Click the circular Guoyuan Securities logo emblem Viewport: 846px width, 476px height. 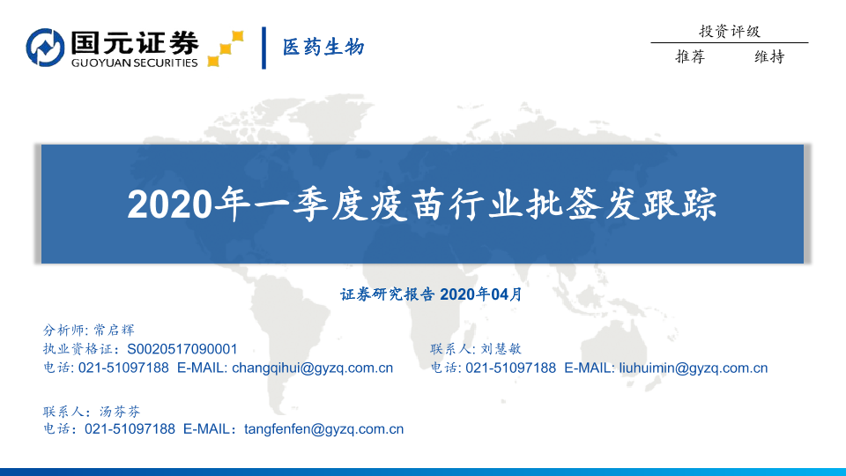pyautogui.click(x=45, y=48)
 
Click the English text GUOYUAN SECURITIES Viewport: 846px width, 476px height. pyautogui.click(x=134, y=63)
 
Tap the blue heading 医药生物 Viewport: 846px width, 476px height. pyautogui.click(x=323, y=48)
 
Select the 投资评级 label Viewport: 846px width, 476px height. pyautogui.click(x=730, y=32)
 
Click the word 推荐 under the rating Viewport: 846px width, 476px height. pyautogui.click(x=690, y=56)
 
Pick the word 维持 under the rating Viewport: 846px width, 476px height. pyautogui.click(x=769, y=56)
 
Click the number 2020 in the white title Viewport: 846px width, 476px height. pyautogui.click(x=170, y=205)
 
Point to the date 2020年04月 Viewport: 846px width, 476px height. pyautogui.click(x=481, y=294)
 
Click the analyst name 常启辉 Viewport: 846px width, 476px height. pyautogui.click(x=114, y=330)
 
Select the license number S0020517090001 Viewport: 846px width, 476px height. pyautogui.click(x=182, y=349)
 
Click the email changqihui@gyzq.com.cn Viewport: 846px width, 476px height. pyautogui.click(x=312, y=368)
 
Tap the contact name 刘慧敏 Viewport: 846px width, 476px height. pyautogui.click(x=501, y=349)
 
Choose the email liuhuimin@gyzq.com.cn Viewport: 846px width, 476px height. pyautogui.click(x=694, y=368)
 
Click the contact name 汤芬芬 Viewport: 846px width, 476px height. pyautogui.click(x=120, y=412)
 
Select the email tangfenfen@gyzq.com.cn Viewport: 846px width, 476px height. pyautogui.click(x=323, y=429)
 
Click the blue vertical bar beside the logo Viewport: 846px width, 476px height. pyautogui.click(x=263, y=48)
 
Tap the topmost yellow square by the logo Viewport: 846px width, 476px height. pyautogui.click(x=237, y=36)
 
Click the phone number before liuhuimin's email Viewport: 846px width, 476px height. pyautogui.click(x=510, y=368)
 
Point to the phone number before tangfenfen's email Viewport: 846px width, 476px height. pyautogui.click(x=130, y=429)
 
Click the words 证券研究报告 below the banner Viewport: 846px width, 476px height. pyautogui.click(x=388, y=294)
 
